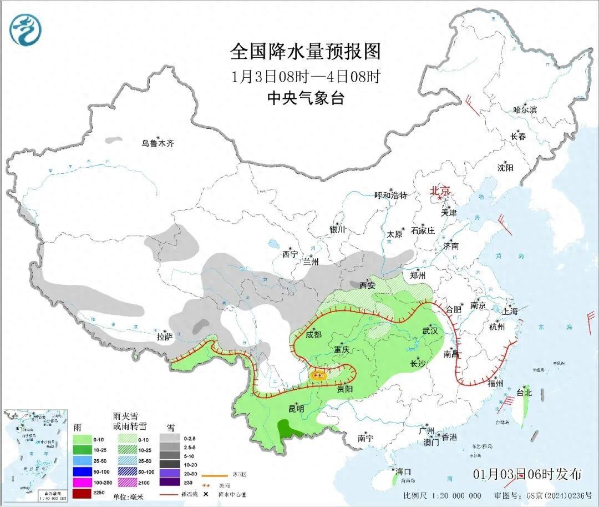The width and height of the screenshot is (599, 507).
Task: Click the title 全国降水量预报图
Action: (306, 52)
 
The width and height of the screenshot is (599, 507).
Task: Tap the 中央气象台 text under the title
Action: (306, 98)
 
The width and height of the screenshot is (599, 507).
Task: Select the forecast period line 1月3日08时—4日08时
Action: (306, 76)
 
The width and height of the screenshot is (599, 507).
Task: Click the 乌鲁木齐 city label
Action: (158, 144)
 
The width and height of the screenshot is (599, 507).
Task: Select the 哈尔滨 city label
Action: (525, 110)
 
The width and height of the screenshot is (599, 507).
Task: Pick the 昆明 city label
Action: (296, 408)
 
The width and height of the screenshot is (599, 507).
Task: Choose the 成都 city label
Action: (313, 334)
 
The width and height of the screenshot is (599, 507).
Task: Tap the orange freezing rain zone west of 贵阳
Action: (319, 375)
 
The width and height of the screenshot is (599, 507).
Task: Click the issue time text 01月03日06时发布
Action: (527, 474)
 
